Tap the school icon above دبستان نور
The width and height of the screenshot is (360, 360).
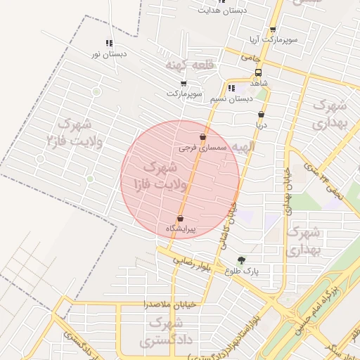tap(109, 44)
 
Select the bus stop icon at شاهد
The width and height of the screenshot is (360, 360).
tap(258, 72)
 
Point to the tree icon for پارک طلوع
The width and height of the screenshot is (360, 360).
tap(242, 259)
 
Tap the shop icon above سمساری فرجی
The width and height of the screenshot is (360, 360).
tap(203, 137)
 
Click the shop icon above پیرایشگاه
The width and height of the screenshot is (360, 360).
tap(181, 218)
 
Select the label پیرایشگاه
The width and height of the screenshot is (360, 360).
tap(181, 229)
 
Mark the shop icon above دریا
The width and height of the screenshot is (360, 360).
tap(261, 114)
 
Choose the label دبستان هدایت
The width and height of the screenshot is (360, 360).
tap(223, 11)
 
